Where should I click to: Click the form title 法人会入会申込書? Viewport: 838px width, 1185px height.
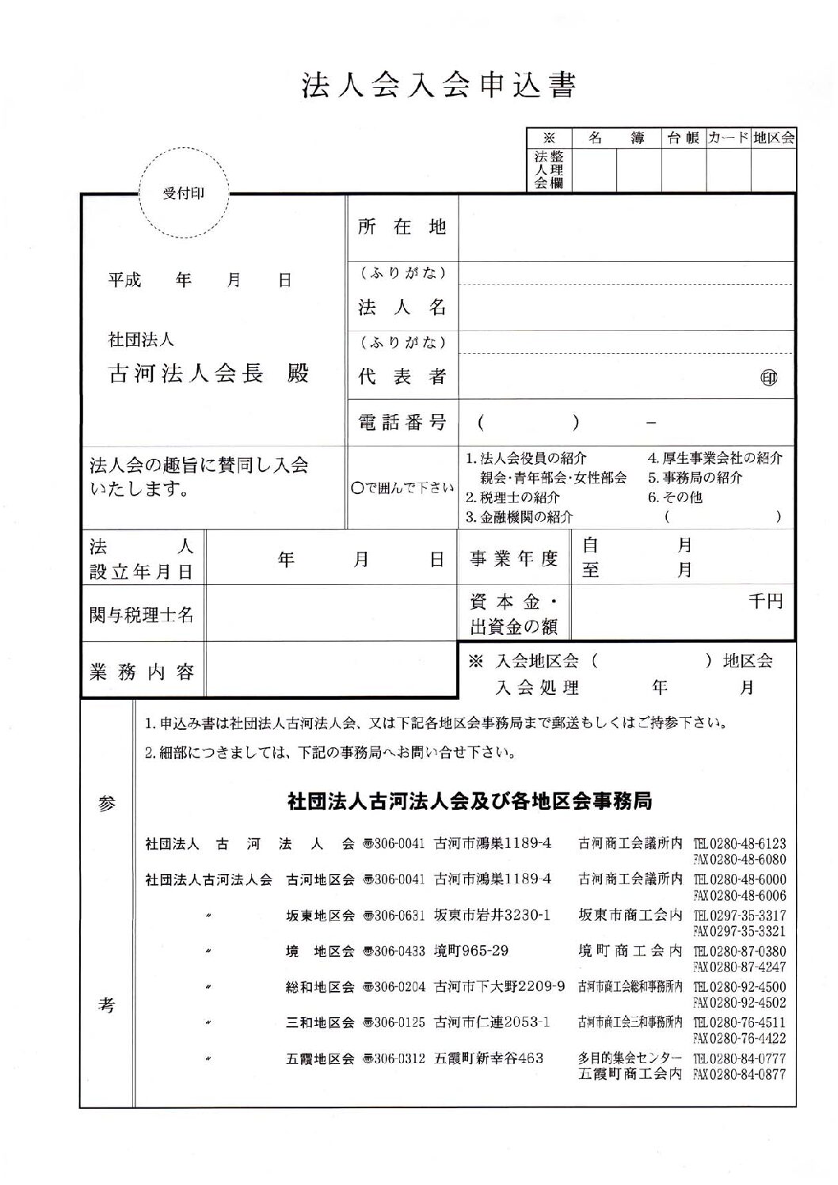pos(438,85)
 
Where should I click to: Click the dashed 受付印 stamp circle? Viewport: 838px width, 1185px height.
pos(183,193)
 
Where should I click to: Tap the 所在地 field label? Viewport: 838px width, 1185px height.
pos(402,228)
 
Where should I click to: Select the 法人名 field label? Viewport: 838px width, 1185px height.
pos(402,307)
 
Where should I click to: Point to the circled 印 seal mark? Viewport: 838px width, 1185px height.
pos(768,378)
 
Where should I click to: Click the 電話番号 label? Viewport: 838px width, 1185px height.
pos(402,423)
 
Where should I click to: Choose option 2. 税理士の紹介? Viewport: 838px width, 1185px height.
pos(512,498)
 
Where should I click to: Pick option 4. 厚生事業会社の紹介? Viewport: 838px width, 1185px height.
pos(715,458)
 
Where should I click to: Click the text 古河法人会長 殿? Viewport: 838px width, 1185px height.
pos(208,374)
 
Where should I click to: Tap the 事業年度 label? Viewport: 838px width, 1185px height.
pos(514,559)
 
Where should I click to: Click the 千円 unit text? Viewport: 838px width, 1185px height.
pos(765,602)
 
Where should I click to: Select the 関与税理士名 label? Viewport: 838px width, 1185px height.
pos(142,614)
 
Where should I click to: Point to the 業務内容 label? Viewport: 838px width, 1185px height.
pos(142,672)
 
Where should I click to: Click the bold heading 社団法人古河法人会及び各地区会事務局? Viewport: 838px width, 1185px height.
pos(470,802)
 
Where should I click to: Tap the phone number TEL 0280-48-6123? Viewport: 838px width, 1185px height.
pos(740,844)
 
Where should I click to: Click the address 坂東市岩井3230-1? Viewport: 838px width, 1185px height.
pos(492,915)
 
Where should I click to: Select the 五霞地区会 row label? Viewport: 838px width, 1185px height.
pos(320,1058)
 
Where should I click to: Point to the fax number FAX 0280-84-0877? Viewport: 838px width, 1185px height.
pos(740,1074)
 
